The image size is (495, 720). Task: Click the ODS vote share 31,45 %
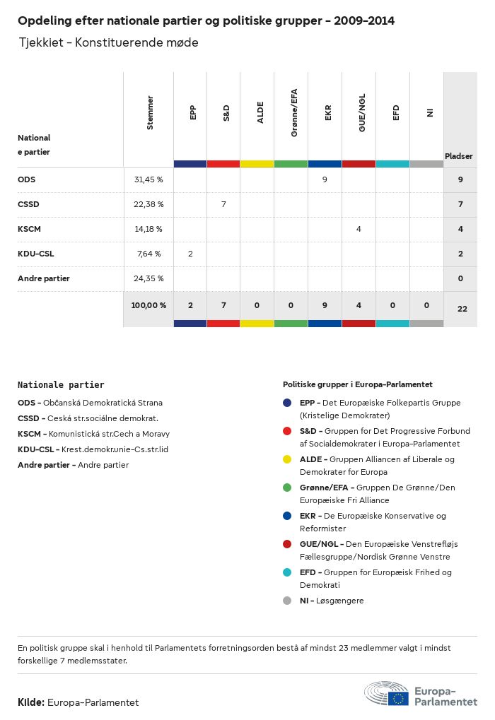pyautogui.click(x=148, y=179)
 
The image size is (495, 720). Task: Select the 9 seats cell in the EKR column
pyautogui.click(x=325, y=179)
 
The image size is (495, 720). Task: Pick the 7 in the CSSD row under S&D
pyautogui.click(x=223, y=204)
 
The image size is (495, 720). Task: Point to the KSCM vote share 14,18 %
pyautogui.click(x=148, y=229)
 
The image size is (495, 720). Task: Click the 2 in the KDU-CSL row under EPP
pyautogui.click(x=190, y=254)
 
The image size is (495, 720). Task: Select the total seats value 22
pyautogui.click(x=462, y=308)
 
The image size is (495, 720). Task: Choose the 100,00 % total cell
pyautogui.click(x=148, y=305)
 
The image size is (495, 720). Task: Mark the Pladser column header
pyautogui.click(x=459, y=155)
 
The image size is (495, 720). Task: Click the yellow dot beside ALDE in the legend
pyautogui.click(x=287, y=459)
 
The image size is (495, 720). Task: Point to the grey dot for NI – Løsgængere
pyautogui.click(x=287, y=601)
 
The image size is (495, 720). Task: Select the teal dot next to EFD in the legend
pyautogui.click(x=287, y=572)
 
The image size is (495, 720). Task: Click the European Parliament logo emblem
pyautogui.click(x=386, y=693)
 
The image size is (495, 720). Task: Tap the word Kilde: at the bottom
pyautogui.click(x=31, y=702)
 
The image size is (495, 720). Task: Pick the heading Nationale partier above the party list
pyautogui.click(x=61, y=385)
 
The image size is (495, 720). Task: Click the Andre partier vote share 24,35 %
pyautogui.click(x=148, y=278)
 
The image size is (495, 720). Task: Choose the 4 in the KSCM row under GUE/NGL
pyautogui.click(x=359, y=229)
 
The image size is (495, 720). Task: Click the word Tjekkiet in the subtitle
pyautogui.click(x=40, y=43)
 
